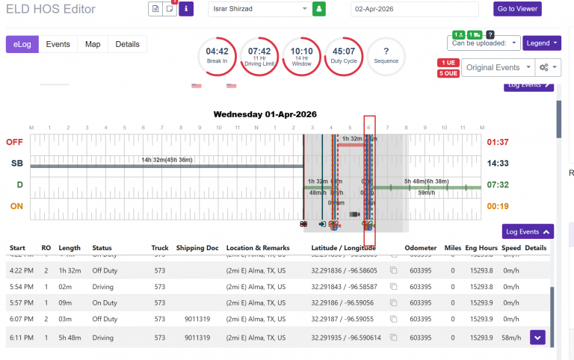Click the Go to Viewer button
[x=517, y=9]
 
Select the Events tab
[x=58, y=44]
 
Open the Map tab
[x=93, y=44]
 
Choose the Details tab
[x=127, y=44]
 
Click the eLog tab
[x=22, y=44]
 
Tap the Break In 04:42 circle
[x=217, y=55]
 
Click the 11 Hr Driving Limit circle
[x=259, y=55]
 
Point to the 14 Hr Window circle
[x=301, y=55]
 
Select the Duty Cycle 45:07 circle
[x=344, y=55]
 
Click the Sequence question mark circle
[x=386, y=55]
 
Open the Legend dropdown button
[x=541, y=43]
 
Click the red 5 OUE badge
[x=448, y=73]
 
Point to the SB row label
[x=16, y=163]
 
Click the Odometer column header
[x=420, y=247]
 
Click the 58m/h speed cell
[x=511, y=338]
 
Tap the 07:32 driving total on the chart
[x=498, y=184]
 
